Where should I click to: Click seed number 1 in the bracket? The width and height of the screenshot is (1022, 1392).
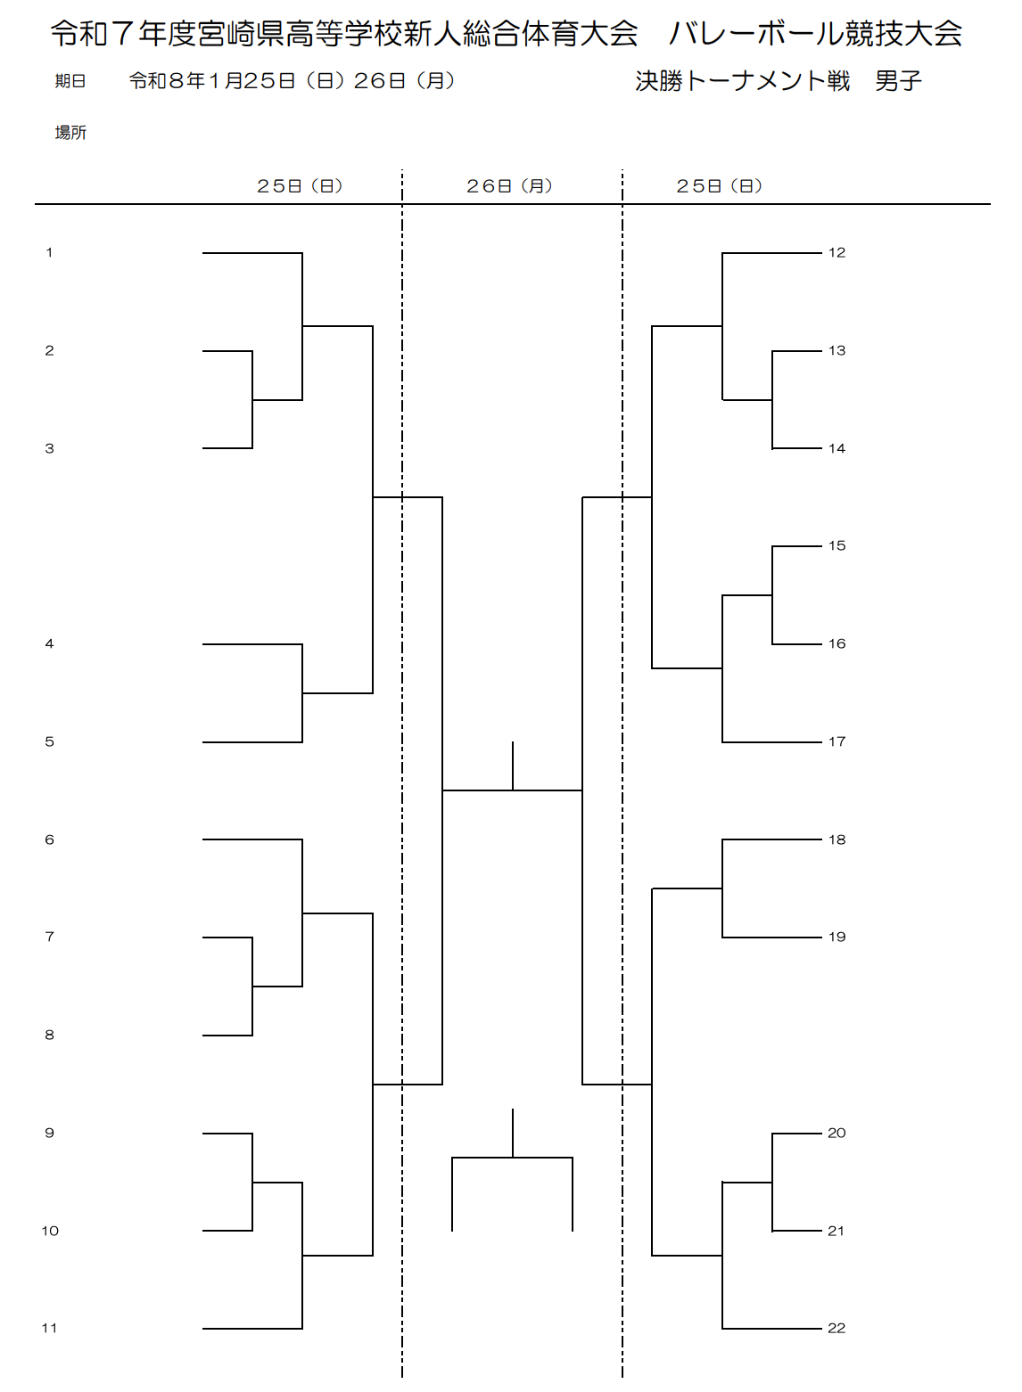click(49, 252)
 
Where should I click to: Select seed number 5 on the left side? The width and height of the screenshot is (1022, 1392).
click(49, 741)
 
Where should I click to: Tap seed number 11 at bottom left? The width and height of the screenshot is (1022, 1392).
click(49, 1328)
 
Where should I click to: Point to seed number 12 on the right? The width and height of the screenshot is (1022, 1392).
click(837, 252)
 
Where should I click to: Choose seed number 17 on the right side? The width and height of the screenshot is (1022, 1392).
click(837, 741)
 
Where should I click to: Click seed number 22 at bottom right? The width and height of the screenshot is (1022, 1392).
click(837, 1328)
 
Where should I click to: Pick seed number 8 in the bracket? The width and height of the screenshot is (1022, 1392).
click(49, 1035)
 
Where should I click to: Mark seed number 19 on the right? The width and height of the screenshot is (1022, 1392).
click(837, 937)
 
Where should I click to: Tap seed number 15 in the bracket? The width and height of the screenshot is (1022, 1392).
click(837, 545)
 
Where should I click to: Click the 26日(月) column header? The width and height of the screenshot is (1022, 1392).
click(509, 185)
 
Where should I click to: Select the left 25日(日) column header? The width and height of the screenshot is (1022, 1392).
click(300, 185)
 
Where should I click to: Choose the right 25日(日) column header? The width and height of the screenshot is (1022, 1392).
click(719, 185)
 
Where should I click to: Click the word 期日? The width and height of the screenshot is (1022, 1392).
click(70, 81)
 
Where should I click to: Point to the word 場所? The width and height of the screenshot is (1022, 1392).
click(70, 133)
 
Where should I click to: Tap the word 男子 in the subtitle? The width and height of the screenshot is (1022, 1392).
click(898, 81)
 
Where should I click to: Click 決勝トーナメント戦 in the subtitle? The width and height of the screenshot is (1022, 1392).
click(742, 81)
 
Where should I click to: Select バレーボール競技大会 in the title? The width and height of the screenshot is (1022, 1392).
click(815, 34)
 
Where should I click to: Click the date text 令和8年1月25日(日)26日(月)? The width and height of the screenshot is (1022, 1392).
click(292, 81)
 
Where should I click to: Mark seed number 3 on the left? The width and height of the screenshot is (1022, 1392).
click(49, 448)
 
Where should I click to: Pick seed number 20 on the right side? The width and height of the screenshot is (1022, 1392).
click(837, 1133)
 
